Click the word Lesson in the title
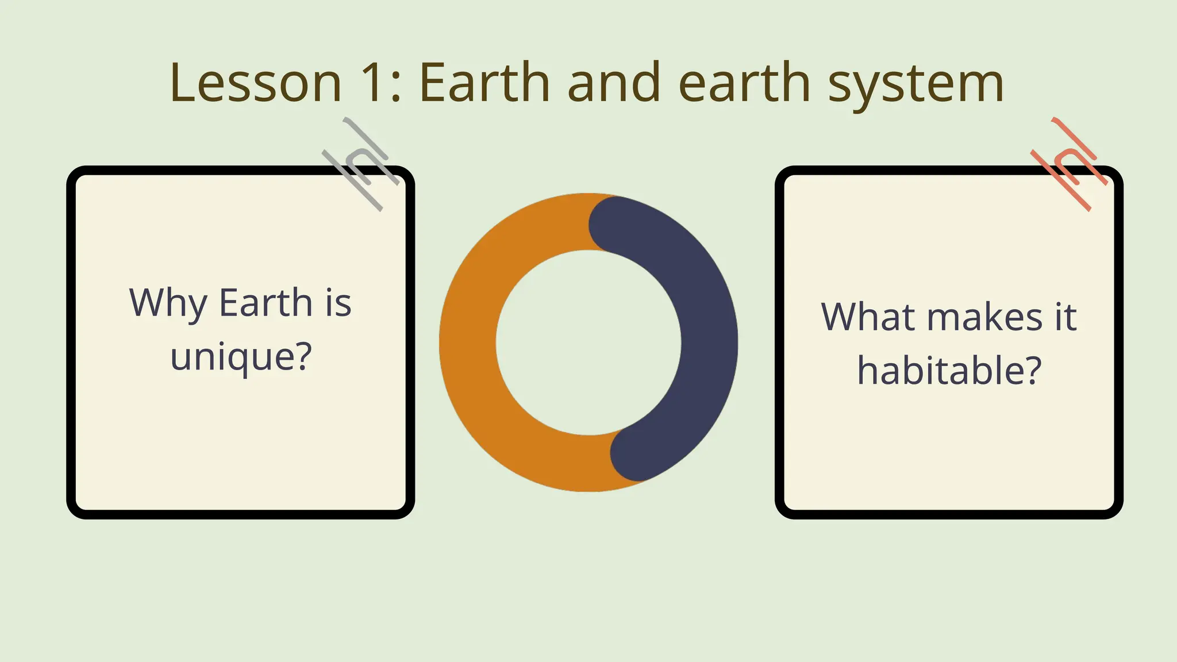pos(256,83)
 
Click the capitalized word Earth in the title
pos(484,83)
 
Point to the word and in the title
pos(614,83)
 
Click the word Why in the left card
pos(168,303)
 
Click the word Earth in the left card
pos(266,303)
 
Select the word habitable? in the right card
pos(949,371)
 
